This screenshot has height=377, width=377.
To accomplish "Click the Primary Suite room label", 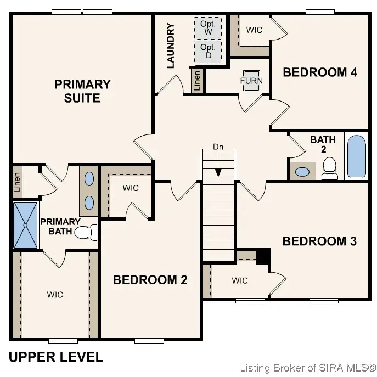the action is pos(82,91).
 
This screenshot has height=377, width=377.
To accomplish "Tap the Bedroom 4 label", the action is pos(320,72).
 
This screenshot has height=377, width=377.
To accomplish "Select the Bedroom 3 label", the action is pos(319,241).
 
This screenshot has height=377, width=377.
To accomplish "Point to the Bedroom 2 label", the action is pos(150,280).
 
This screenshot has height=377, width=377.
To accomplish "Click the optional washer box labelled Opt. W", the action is pos(208,28).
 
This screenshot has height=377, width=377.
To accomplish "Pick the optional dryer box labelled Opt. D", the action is pos(208,52).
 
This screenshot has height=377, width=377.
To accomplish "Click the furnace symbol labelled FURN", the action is pos(251,81).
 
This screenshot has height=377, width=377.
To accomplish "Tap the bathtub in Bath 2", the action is pos(357,156).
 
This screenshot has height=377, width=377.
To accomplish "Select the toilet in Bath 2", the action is pos(329,168).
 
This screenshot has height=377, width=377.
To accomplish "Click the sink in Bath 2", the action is pos(302,172).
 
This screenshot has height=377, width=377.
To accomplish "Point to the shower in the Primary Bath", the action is pos(25,226).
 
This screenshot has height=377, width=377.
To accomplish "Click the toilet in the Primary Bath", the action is pos(86,232).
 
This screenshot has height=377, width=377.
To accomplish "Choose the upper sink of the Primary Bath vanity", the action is pos(89,179).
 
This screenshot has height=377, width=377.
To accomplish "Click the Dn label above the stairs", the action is pos(218,147).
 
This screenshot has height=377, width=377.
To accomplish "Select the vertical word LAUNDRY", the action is pos(170,46).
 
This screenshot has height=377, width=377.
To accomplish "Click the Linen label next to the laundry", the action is pos(197,81).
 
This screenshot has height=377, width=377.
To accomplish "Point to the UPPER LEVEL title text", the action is pos(56,357).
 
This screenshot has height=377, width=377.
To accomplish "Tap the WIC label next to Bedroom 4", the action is pos(254,30).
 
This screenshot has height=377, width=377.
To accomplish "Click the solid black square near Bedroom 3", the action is pos(263,256).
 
